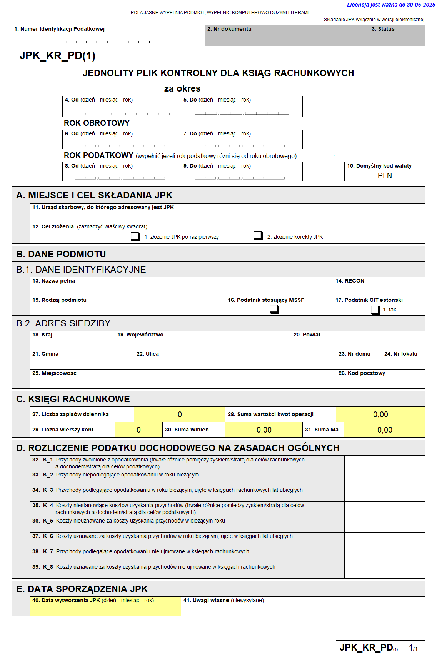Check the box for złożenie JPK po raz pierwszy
coord(135,236)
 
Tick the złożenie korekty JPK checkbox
coord(258,236)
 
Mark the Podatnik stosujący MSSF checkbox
coord(274,309)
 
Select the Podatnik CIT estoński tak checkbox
coord(375,310)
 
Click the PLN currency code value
coord(385,176)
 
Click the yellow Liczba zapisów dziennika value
coord(180,415)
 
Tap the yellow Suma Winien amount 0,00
coord(264,430)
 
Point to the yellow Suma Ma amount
coord(385,430)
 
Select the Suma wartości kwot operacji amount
coord(380,415)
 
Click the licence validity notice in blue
coord(391,5)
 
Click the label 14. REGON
coord(350,281)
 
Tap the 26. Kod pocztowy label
coord(362,373)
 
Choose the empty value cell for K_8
coord(385,571)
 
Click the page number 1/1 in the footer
coord(413,648)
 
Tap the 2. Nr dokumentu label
coord(229,29)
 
